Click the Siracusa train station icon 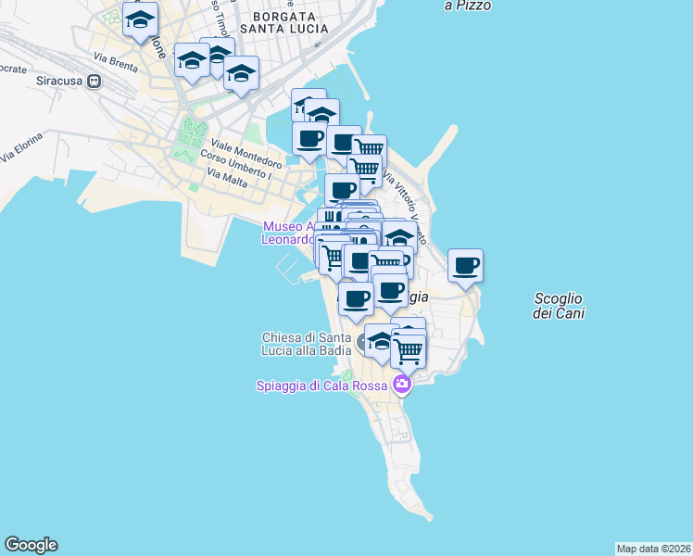click(94, 81)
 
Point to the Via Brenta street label click(115, 63)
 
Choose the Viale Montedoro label click(246, 151)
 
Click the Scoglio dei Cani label click(558, 306)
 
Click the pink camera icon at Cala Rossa click(401, 384)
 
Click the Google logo click(31, 545)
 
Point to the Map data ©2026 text click(653, 548)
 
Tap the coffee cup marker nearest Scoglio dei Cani click(465, 266)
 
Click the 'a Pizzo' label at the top click(468, 6)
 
